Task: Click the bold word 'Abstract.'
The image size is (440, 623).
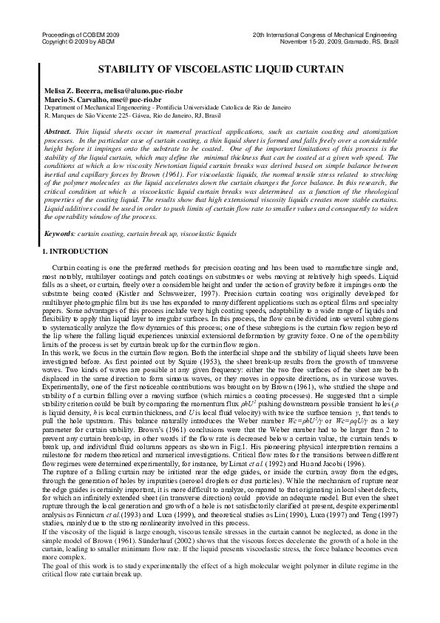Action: coord(58,130)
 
